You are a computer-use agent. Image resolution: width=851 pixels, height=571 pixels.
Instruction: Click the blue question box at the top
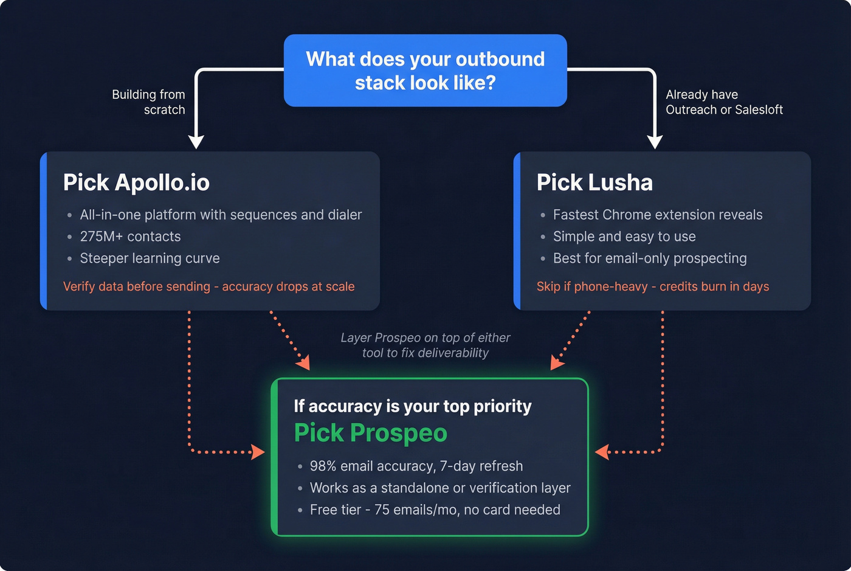pos(425,71)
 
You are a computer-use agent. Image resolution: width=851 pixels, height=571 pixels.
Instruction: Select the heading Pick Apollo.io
pos(136,182)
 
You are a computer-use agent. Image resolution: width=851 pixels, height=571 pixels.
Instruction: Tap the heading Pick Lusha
pos(594,182)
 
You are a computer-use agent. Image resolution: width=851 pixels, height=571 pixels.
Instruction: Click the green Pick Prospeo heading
pos(371,433)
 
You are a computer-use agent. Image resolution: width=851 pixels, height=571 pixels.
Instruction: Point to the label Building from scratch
pos(149,102)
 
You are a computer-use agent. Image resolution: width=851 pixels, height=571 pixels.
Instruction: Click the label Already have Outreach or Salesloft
pos(723,102)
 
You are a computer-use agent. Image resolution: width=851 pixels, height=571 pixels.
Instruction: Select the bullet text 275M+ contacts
pos(130,237)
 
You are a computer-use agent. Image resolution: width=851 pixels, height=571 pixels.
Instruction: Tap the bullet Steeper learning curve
pos(150,258)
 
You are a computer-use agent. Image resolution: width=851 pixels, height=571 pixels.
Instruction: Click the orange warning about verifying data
pos(208,286)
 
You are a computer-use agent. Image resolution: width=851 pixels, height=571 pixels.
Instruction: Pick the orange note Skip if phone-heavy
pos(652,286)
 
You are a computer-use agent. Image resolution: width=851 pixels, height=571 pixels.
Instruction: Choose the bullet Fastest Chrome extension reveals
pos(657,215)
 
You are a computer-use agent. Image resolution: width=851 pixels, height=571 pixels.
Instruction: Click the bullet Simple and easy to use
pos(624,237)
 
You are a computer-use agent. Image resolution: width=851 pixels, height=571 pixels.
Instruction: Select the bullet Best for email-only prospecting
pos(649,258)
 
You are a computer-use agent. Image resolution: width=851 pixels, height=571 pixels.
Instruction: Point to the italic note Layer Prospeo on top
pos(425,345)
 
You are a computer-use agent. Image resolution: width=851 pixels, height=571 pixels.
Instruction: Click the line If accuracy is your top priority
pos(413,406)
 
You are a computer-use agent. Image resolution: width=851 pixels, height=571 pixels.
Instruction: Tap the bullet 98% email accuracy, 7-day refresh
pos(416,466)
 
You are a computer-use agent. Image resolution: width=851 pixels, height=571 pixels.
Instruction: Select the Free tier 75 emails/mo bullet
pos(435,510)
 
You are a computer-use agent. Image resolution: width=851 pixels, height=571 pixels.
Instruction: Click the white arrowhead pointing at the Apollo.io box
pos(196,142)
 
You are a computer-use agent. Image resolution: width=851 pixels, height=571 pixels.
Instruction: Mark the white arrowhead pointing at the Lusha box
pos(655,142)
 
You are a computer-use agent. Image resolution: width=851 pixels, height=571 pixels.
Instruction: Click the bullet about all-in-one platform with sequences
pos(221,215)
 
